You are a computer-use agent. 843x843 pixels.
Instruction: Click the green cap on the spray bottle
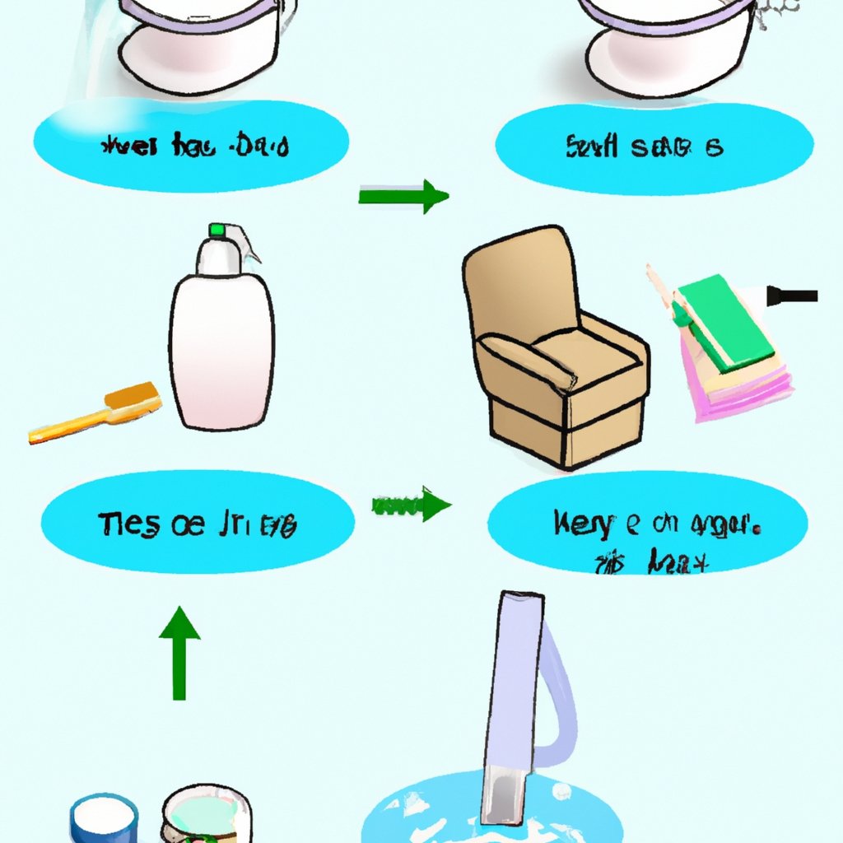(217, 230)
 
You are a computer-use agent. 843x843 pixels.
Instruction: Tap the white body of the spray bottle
(221, 354)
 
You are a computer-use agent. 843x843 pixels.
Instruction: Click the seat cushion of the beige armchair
(576, 346)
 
